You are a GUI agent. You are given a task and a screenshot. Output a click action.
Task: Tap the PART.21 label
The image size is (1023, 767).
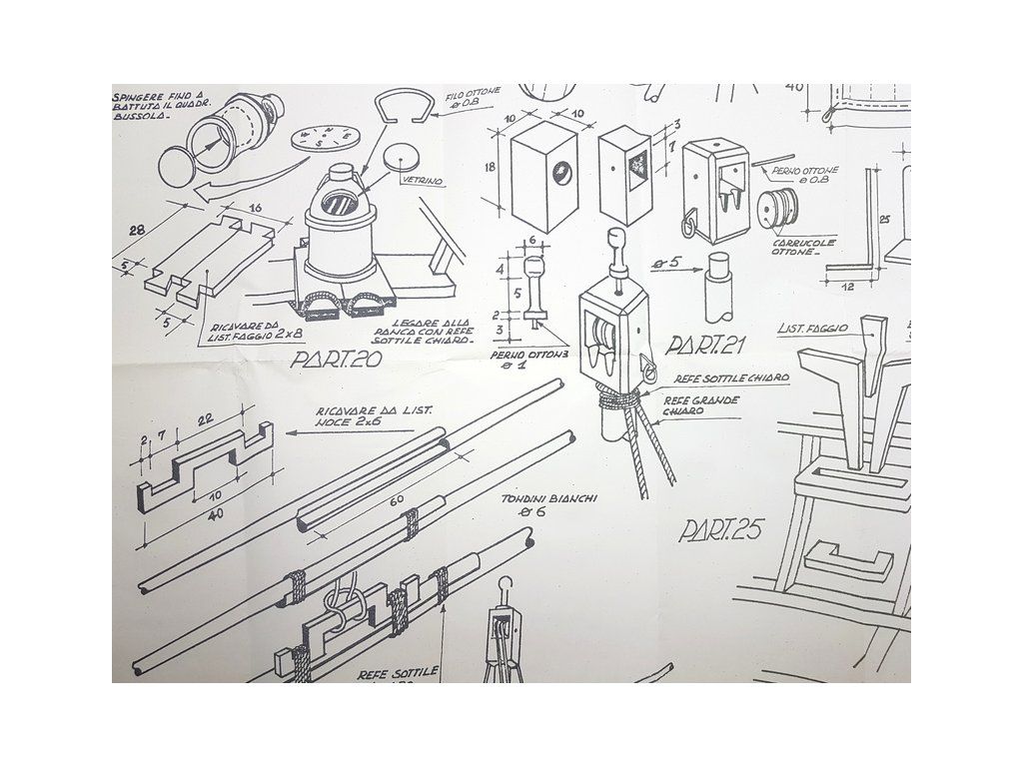pos(708,346)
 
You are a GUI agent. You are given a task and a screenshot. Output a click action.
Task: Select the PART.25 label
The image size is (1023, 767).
pos(720,530)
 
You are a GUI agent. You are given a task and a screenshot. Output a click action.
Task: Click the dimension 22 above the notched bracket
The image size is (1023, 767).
pos(207,419)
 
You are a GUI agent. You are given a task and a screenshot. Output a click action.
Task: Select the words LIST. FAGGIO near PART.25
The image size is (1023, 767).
pos(812,328)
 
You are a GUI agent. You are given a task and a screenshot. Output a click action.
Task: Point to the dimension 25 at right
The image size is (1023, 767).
pos(884,218)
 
